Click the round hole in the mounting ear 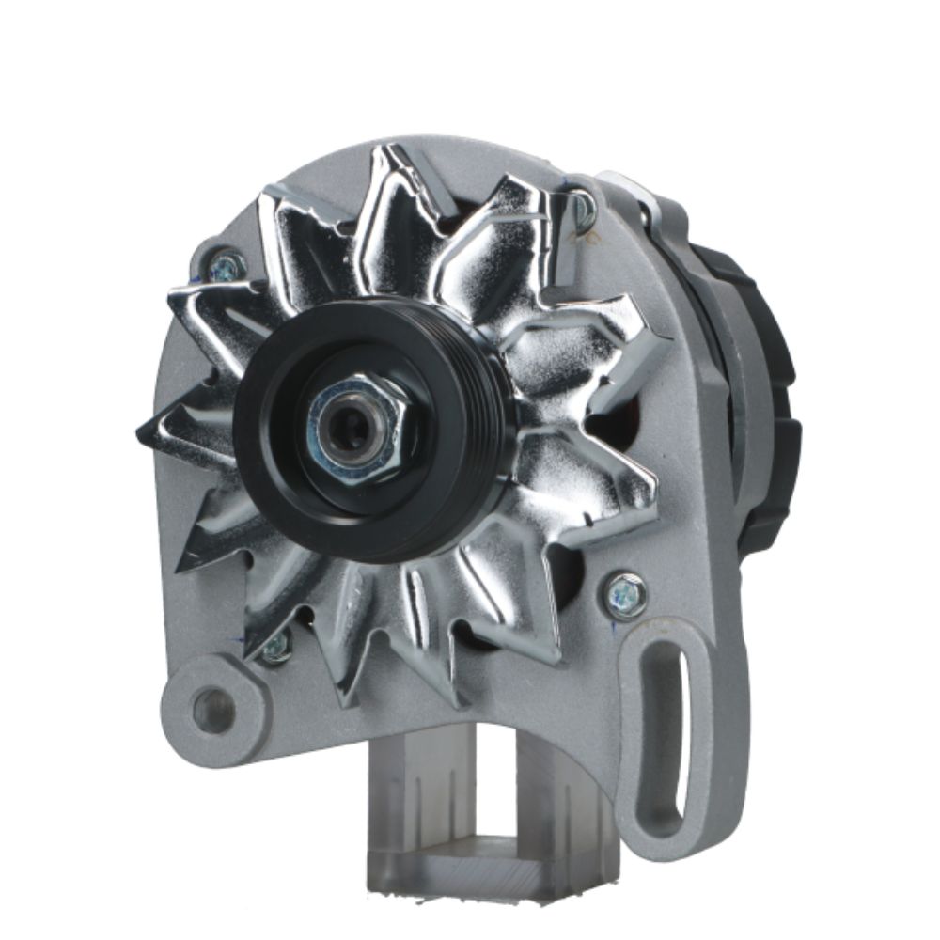[211, 710]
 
